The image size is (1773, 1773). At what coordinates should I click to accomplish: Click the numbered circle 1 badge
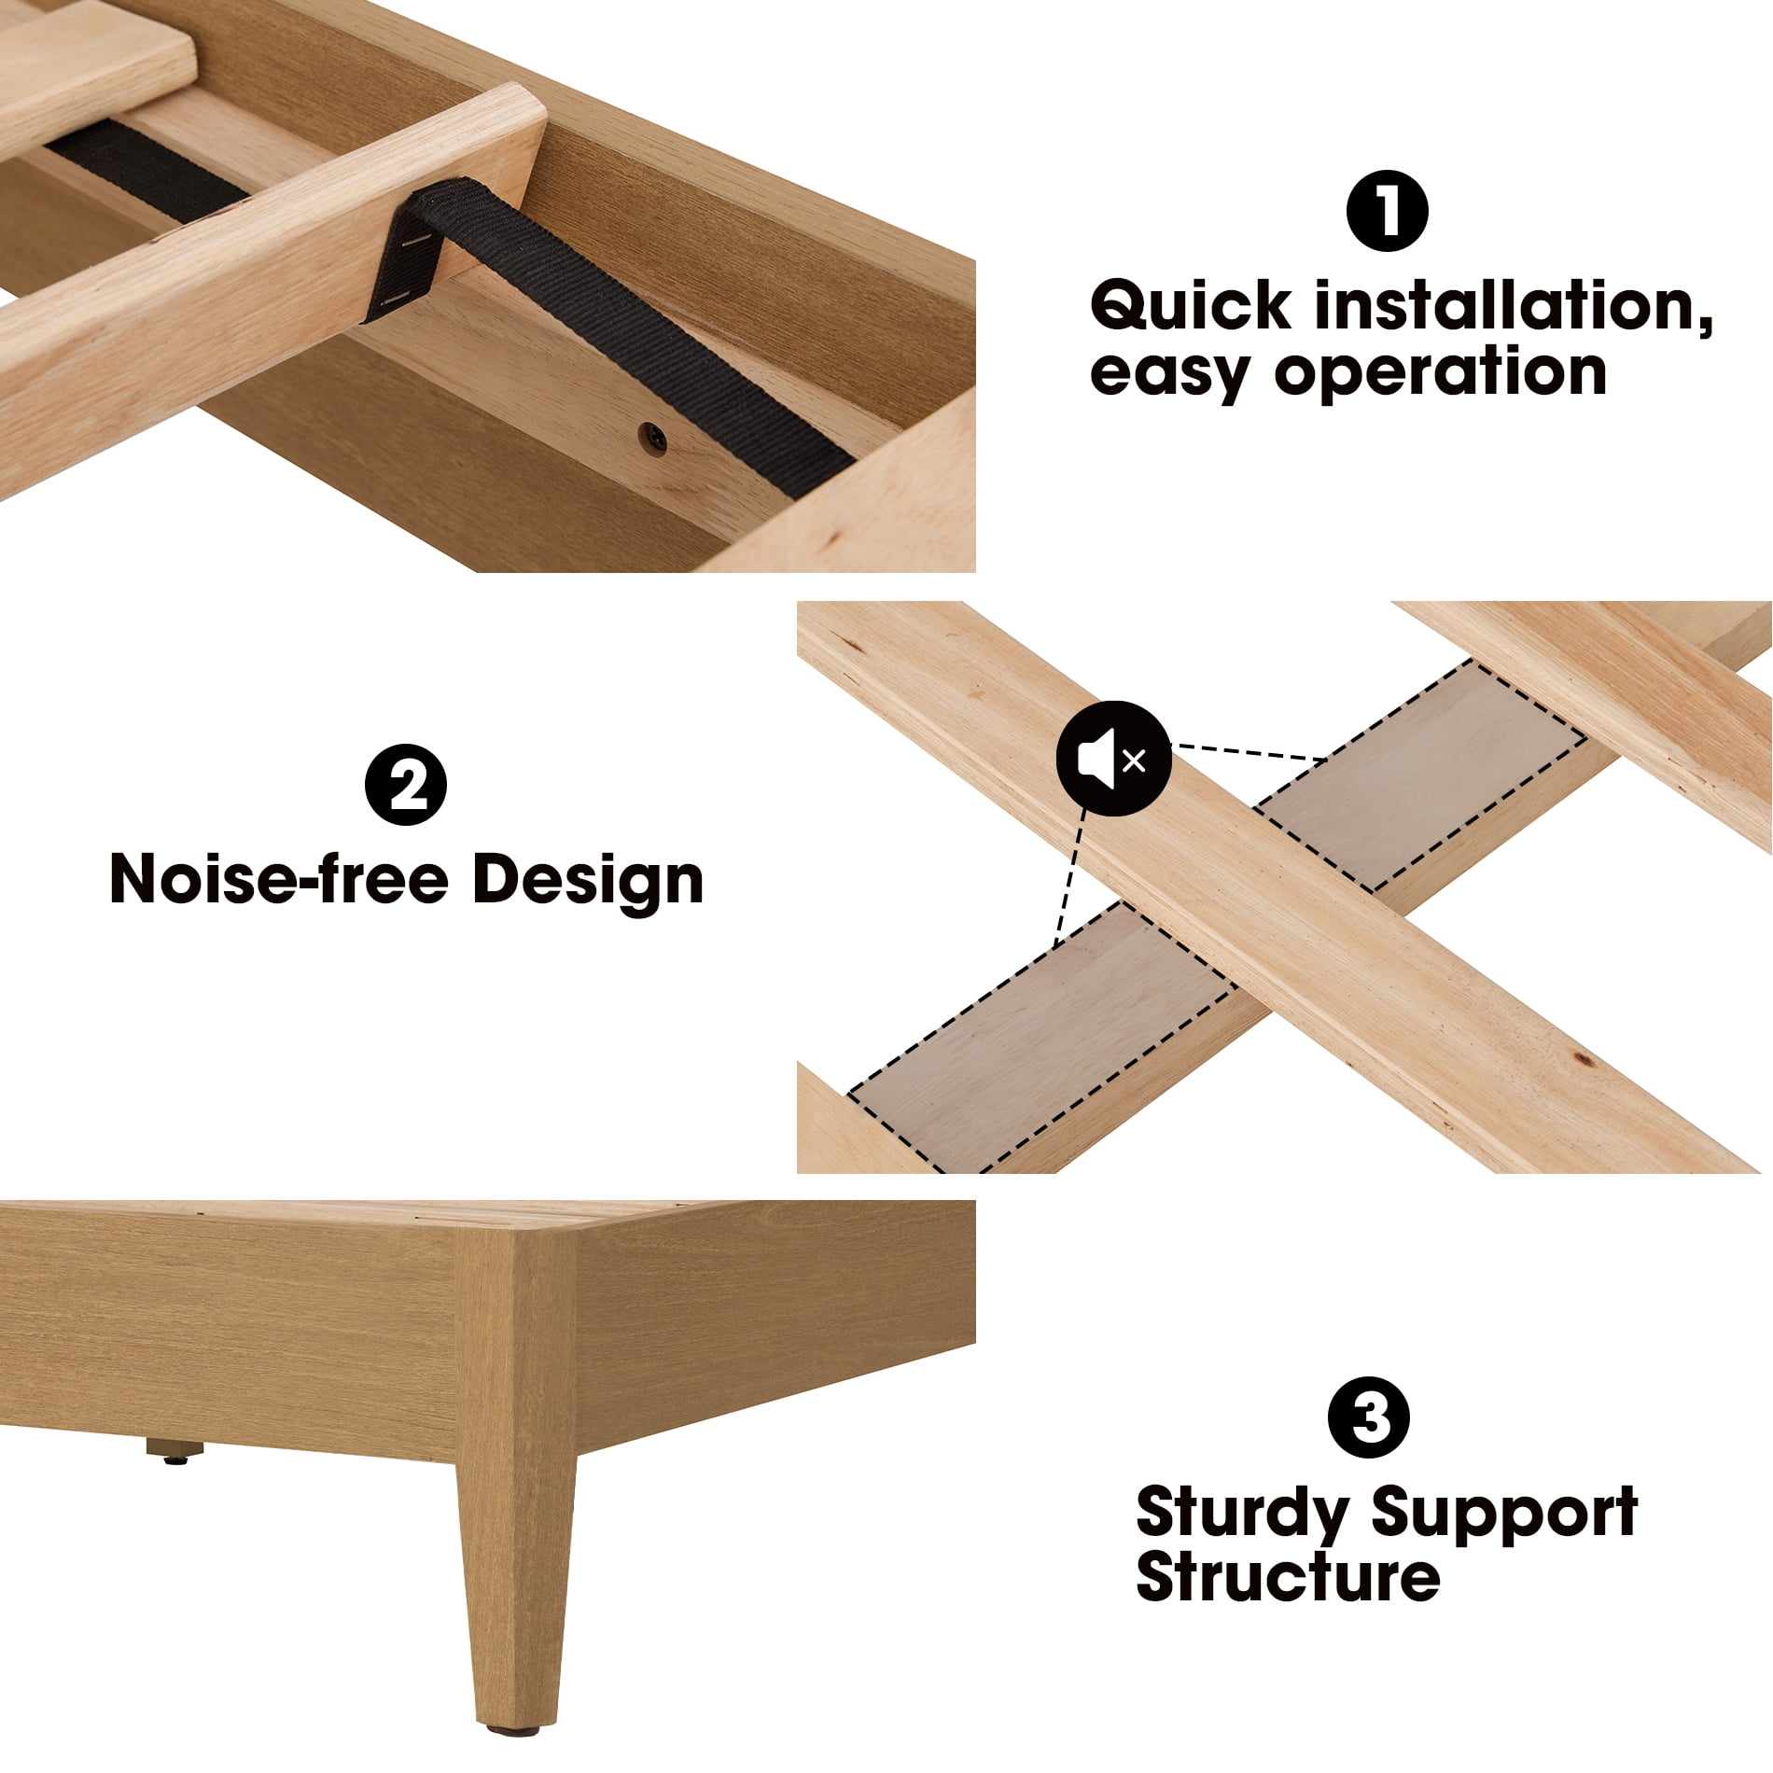1387,211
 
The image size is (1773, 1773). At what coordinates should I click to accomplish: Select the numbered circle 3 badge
1369,1417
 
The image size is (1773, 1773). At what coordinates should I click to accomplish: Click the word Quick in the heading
1191,306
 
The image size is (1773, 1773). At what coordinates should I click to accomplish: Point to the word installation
1514,306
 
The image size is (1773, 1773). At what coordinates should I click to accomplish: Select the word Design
588,882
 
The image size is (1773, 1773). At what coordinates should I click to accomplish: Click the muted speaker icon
1113,760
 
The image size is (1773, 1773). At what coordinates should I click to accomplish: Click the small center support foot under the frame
175,1451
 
